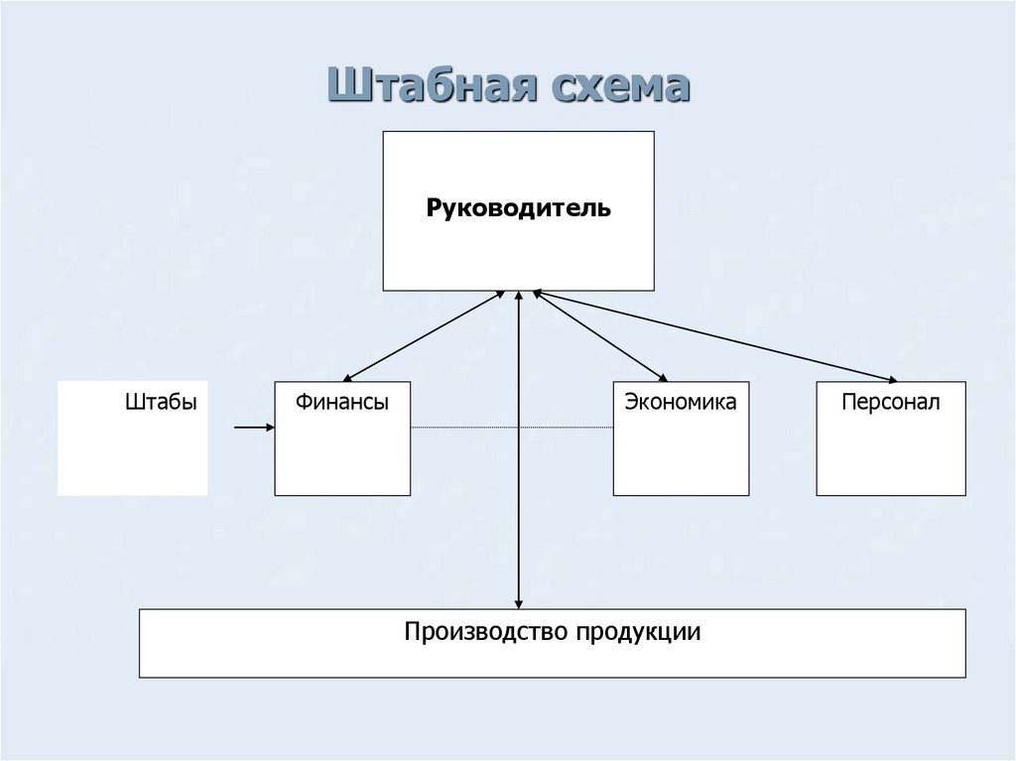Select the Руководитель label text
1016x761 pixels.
coord(519,209)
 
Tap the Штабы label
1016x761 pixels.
coord(161,403)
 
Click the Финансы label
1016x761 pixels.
coord(340,403)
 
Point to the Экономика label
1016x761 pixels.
coord(681,403)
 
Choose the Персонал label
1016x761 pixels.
coord(890,403)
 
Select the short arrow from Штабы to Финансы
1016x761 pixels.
coord(254,428)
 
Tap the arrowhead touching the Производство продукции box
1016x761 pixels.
coord(519,602)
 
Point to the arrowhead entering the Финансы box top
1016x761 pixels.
coord(346,378)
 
